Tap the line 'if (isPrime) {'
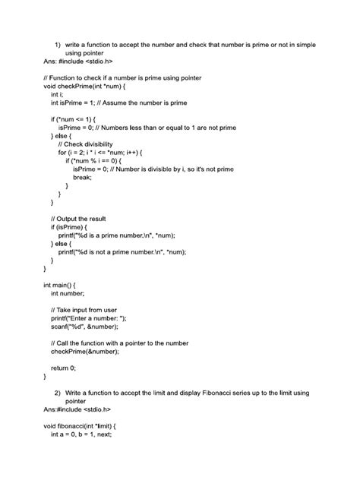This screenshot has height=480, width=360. pos(74,227)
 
